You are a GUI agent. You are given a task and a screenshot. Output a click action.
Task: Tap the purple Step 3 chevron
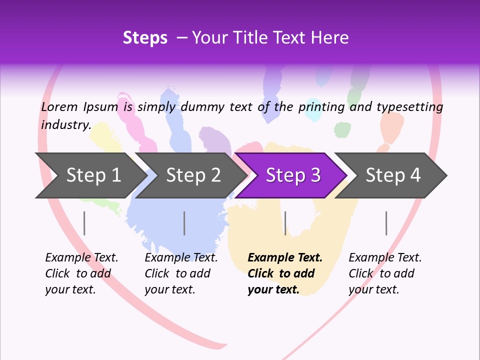(x=293, y=175)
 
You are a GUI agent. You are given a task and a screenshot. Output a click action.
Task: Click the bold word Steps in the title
(x=145, y=37)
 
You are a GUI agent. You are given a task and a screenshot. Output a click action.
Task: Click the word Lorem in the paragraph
(x=59, y=106)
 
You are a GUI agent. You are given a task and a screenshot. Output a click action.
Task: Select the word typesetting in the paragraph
(x=409, y=106)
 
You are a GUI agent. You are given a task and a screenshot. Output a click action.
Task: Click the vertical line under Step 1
(x=84, y=223)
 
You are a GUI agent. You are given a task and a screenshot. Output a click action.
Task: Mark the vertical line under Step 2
(x=184, y=223)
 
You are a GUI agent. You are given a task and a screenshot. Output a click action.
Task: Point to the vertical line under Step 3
(x=285, y=223)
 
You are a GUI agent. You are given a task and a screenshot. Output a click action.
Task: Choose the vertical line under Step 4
(x=386, y=223)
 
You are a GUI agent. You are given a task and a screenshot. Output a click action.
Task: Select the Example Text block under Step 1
(x=81, y=273)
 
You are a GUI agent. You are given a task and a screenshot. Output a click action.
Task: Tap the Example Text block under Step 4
(x=385, y=273)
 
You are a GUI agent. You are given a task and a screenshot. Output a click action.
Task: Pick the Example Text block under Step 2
(x=181, y=273)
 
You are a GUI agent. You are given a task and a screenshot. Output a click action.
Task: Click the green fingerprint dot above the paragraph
(x=342, y=129)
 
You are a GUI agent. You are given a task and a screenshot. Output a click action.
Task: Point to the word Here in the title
(x=330, y=37)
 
